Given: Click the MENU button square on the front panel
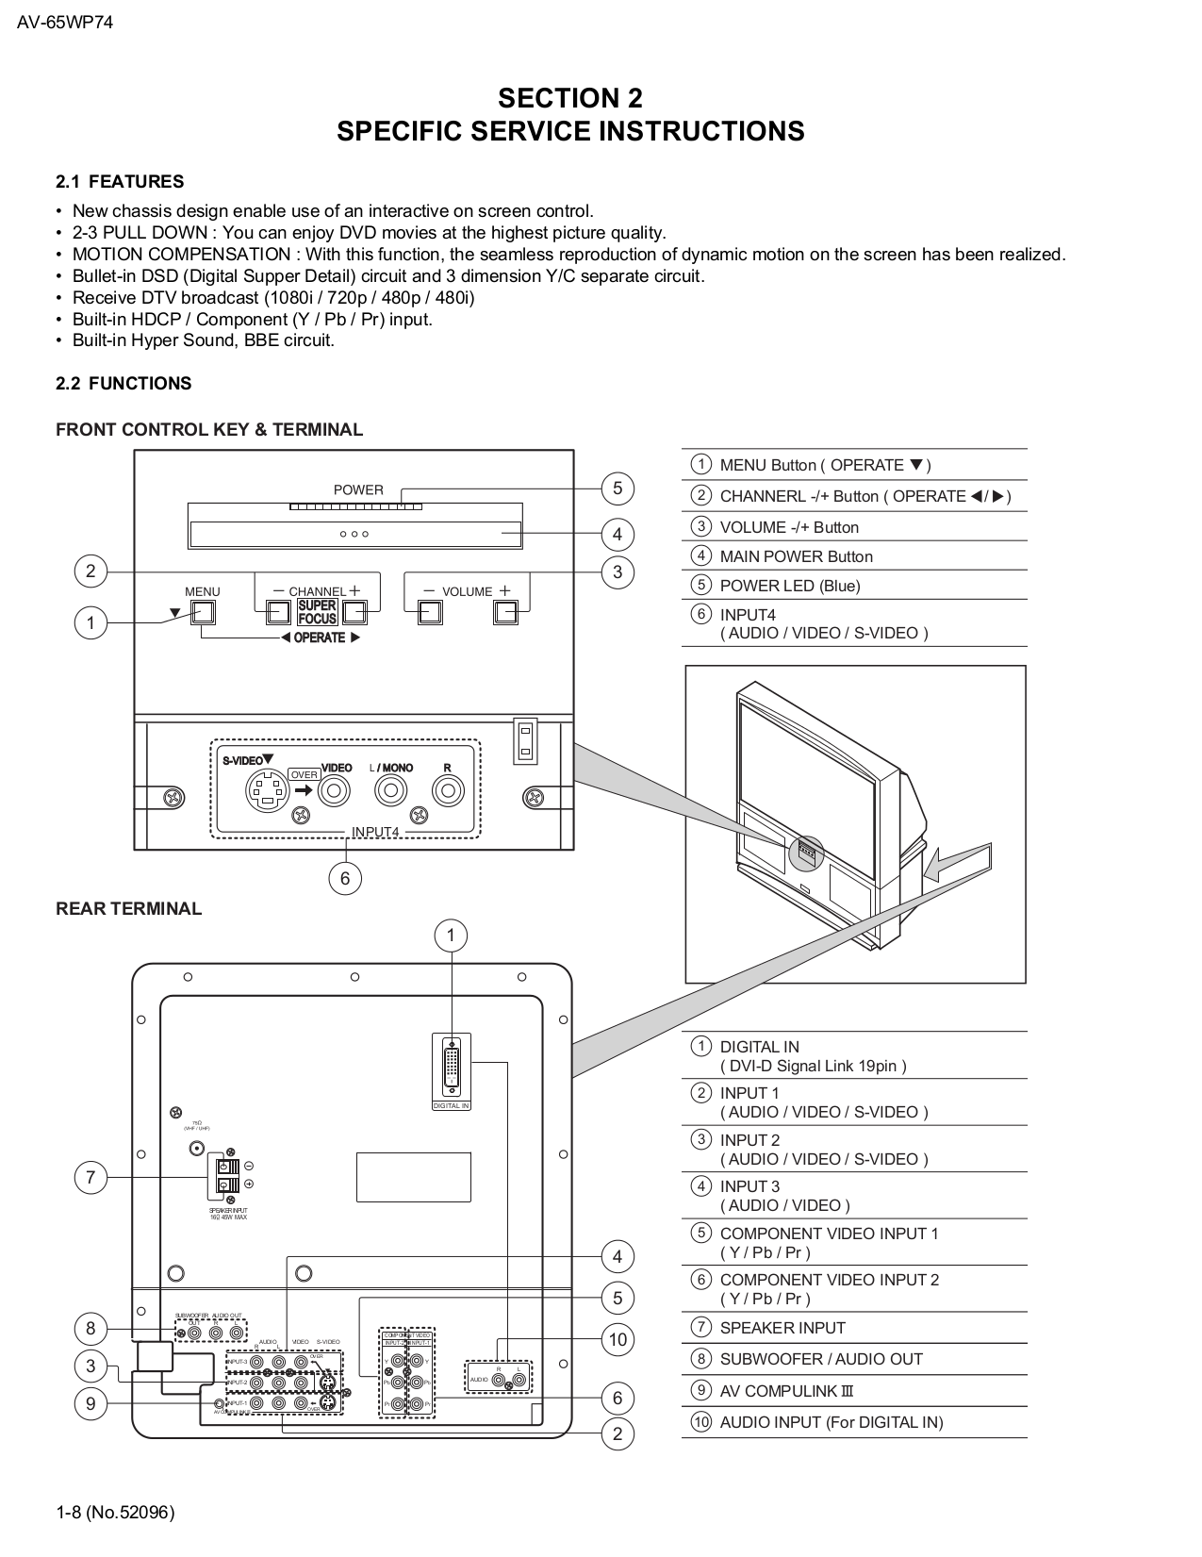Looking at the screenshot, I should click(203, 613).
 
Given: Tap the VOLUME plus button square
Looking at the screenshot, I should click(505, 613).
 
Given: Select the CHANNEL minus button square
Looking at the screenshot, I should click(277, 613).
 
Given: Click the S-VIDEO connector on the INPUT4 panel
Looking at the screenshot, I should click(268, 791).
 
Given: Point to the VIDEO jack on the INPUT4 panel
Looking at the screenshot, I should click(334, 791).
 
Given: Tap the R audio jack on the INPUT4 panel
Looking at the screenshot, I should click(447, 791).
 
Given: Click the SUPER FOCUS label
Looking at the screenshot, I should click(317, 613).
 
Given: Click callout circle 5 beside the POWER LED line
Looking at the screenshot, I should click(617, 489).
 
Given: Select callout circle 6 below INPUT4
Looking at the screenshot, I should click(345, 879).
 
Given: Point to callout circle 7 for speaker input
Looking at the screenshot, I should click(91, 1177).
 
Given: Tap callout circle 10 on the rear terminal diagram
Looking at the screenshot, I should click(617, 1339).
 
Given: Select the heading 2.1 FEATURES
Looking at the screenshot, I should click(120, 182).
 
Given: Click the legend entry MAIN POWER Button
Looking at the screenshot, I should click(796, 556).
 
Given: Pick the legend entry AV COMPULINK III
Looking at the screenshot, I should click(786, 1391).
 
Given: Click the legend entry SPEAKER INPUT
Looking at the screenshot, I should click(782, 1328).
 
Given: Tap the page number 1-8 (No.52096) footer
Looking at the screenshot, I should click(115, 1513).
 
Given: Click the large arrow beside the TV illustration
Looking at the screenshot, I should click(957, 861).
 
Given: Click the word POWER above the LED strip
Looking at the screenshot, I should click(358, 490).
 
